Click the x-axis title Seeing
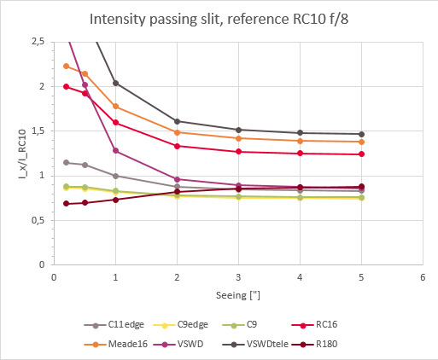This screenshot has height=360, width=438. point(237,296)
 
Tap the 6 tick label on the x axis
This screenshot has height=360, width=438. point(422,277)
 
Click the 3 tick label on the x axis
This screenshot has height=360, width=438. point(238,277)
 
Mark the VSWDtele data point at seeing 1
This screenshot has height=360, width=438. point(115,83)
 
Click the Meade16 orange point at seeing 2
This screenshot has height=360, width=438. point(177,132)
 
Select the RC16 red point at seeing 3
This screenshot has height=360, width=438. point(238,152)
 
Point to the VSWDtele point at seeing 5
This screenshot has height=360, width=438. point(361,134)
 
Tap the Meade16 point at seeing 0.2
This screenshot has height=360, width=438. point(66,66)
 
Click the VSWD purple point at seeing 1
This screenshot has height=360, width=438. point(115,151)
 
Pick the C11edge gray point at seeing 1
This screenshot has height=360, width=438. point(115,176)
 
